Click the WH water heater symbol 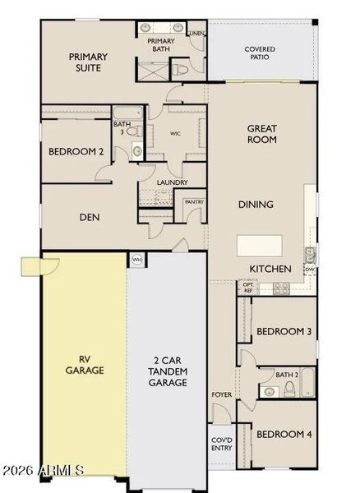pyautogui.click(x=136, y=260)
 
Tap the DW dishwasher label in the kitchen pyautogui.click(x=309, y=270)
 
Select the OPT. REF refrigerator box pyautogui.click(x=247, y=288)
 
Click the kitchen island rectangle pyautogui.click(x=260, y=246)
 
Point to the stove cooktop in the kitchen pyautogui.click(x=281, y=288)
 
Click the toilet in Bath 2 pyautogui.click(x=289, y=389)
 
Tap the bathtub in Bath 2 pyautogui.click(x=307, y=383)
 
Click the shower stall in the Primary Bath pyautogui.click(x=154, y=71)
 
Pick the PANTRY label pyautogui.click(x=194, y=202)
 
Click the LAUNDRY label pyautogui.click(x=173, y=182)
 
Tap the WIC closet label pyautogui.click(x=175, y=134)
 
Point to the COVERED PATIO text pyautogui.click(x=260, y=53)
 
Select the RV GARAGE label pyautogui.click(x=85, y=365)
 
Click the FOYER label pyautogui.click(x=222, y=394)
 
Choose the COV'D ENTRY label pyautogui.click(x=222, y=444)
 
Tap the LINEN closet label pyautogui.click(x=196, y=34)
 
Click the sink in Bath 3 pyautogui.click(x=137, y=151)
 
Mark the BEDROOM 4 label pyautogui.click(x=284, y=435)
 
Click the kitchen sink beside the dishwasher pyautogui.click(x=310, y=256)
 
